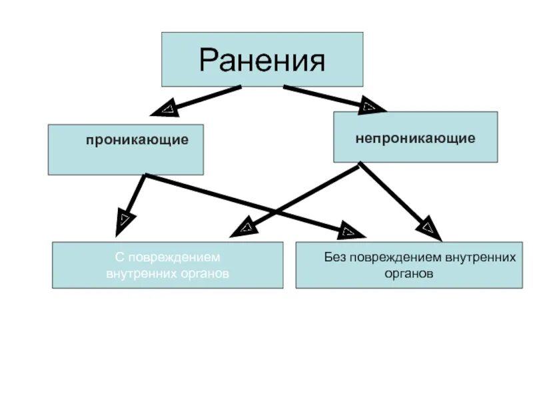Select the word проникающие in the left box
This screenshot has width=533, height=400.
coord(137,141)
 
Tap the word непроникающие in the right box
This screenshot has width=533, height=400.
coord(415,139)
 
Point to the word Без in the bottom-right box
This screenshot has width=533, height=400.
coord(336,257)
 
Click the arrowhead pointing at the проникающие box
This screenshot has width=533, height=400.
coord(165,108)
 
